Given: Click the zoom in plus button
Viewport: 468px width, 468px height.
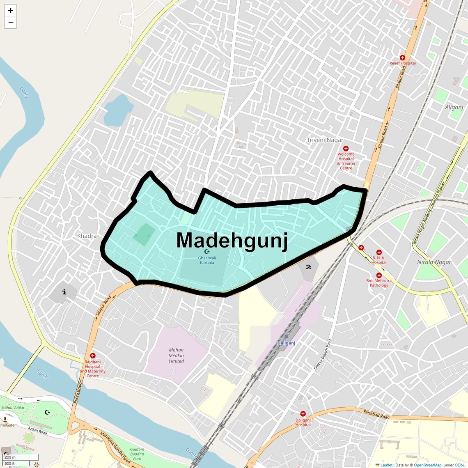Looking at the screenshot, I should click(10, 10).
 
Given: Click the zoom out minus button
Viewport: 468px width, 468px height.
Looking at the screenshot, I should click(10, 22).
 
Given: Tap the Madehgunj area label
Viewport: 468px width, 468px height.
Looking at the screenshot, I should click(232, 240).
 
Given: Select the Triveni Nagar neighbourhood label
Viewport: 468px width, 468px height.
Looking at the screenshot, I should click(325, 140).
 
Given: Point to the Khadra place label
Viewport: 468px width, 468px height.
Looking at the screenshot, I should click(87, 236).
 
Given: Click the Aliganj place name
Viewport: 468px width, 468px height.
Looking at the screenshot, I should click(454, 107).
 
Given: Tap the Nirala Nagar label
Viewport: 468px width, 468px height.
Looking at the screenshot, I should click(434, 262).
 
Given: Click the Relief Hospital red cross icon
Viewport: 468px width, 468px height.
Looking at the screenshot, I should click(402, 58).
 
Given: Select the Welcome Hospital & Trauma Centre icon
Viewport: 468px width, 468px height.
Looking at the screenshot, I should click(346, 149).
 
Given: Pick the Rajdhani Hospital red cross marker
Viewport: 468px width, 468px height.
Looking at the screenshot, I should click(93, 356).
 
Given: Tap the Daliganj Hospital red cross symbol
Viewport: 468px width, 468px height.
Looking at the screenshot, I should click(303, 414).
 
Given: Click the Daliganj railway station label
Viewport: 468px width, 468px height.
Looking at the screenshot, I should click(286, 343).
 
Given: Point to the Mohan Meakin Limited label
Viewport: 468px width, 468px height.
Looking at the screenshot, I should click(176, 356).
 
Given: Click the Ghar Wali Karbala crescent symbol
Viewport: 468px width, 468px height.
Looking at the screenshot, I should click(206, 251).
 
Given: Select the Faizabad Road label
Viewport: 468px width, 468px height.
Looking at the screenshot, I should click(376, 414).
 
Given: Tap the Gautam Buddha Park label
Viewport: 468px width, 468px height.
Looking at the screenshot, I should click(137, 454).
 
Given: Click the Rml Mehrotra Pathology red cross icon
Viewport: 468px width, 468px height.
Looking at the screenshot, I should click(379, 275).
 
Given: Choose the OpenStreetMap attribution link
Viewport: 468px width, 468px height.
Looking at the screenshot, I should click(427, 465).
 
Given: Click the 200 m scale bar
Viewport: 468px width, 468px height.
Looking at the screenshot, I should click(21, 457).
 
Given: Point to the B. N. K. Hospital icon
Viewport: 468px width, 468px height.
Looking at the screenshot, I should click(379, 252).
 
